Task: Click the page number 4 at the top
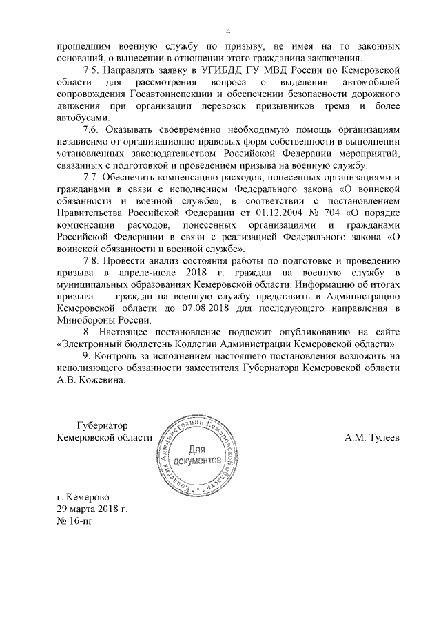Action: point(229,30)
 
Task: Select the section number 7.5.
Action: point(92,70)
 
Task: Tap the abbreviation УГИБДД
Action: point(215,70)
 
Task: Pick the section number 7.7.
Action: point(92,177)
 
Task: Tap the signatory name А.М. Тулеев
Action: point(371,438)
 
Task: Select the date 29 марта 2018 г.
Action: point(92,509)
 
